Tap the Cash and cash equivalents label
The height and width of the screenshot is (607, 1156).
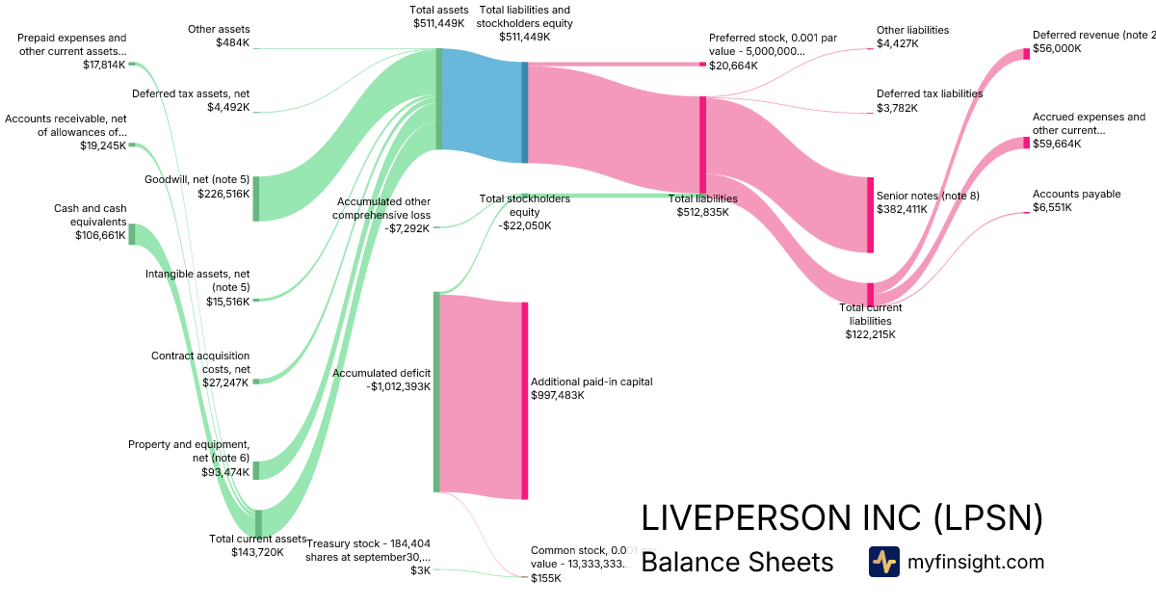click(91, 215)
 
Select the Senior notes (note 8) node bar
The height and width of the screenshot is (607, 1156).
click(870, 215)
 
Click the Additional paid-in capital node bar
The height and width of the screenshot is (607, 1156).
click(525, 401)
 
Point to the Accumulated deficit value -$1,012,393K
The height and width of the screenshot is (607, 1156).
click(398, 386)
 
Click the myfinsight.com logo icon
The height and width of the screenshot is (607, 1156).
click(883, 562)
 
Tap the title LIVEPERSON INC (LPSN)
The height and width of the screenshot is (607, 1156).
click(841, 518)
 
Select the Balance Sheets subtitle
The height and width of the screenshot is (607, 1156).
click(736, 562)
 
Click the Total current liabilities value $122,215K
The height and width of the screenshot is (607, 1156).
click(870, 335)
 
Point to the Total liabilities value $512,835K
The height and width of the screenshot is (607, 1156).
click(702, 212)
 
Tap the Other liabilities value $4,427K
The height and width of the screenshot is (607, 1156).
click(897, 43)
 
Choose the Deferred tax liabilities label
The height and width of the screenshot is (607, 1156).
click(929, 93)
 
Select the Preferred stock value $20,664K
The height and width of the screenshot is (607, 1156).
click(732, 66)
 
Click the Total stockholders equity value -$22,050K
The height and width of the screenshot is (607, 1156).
click(524, 225)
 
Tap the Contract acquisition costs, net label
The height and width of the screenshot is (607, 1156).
click(200, 362)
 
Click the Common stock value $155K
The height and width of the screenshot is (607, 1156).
click(545, 578)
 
